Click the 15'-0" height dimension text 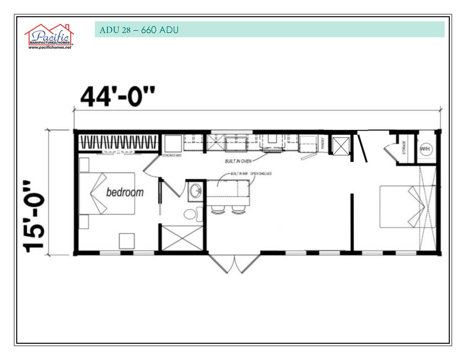coord(34,216)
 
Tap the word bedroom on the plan coord(125,192)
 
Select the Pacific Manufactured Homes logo coord(49,35)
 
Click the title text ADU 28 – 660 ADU coord(139,30)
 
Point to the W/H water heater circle coord(425,148)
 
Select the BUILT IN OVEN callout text coord(238,161)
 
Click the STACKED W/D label coord(172,155)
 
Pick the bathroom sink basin coord(196,190)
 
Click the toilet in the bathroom coord(192,214)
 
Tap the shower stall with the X coord(182,238)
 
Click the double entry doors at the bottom coord(234,264)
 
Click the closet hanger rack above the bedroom coord(118,143)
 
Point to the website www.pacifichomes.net coord(50,47)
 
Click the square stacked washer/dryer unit coord(172,144)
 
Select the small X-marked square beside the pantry coord(341,146)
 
